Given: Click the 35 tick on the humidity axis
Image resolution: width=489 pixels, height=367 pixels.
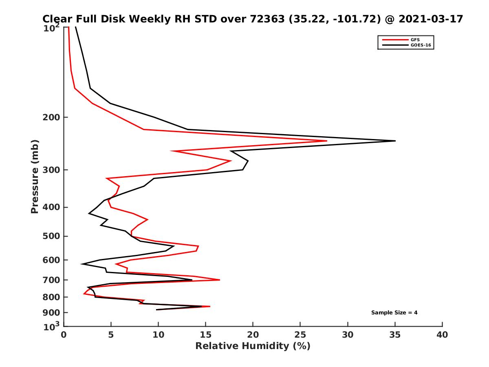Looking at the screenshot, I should click(x=395, y=335).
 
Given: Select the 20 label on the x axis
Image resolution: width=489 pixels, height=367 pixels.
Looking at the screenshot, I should click(x=253, y=335).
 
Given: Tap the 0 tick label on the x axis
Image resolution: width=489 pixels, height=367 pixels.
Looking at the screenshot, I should click(x=64, y=335).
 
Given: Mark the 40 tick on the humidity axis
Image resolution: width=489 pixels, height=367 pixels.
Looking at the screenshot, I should click(x=442, y=335).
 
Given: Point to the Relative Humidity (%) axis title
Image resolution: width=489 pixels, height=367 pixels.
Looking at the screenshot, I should click(x=253, y=346).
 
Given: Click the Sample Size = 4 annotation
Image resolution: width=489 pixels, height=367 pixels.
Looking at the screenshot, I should click(x=394, y=313).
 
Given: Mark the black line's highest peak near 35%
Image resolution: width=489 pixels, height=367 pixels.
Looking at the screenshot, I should click(x=395, y=141).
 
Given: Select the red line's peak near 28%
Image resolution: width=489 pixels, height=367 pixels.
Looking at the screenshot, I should click(x=327, y=141).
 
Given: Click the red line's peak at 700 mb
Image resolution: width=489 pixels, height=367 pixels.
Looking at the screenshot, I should click(x=220, y=280).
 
